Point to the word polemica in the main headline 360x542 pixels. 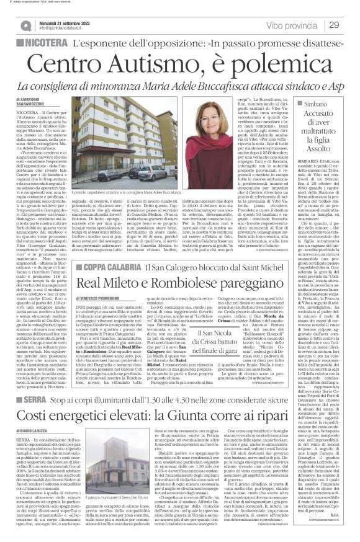click(253, 64)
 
